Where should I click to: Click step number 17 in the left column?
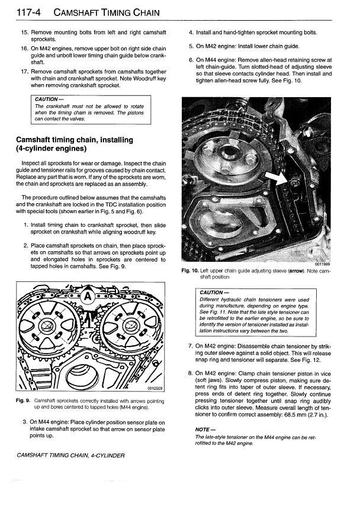tap(24, 72)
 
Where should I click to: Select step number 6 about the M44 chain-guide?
tap(191, 60)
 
